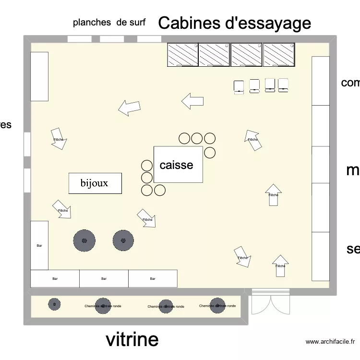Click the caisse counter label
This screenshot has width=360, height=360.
pos(176,165)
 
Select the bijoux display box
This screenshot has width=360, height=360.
pos(95,183)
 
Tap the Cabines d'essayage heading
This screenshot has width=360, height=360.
pos(234,23)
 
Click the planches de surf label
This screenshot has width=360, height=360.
pos(109,22)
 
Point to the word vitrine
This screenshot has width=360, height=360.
pos(132,339)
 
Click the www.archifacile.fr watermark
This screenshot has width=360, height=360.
pos(330,342)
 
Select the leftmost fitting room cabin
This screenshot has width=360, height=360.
pos(182,54)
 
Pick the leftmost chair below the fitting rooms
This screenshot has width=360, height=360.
pos(239,87)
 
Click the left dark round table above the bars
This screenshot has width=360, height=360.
pos(84,240)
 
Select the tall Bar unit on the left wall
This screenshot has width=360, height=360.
pos(39,245)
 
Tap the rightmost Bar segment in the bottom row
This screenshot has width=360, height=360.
pos(153,278)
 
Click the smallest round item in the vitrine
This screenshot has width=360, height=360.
pos(54,304)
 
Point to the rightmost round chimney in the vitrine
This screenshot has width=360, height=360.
pos(217,305)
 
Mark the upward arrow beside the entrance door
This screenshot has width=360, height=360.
pos(280,265)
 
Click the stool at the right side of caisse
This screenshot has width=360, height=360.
pos(210,153)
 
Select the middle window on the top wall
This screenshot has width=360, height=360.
pos(112,39)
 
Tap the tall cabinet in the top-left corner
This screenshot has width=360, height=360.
pos(39,76)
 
